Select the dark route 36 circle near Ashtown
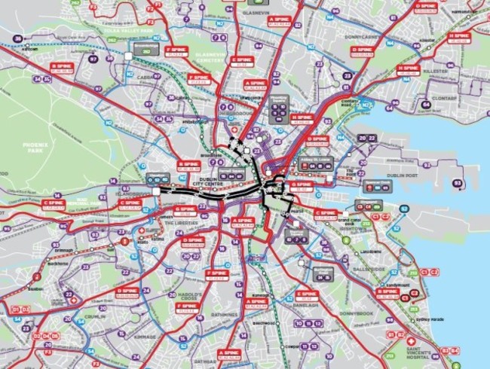coord(17,40)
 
